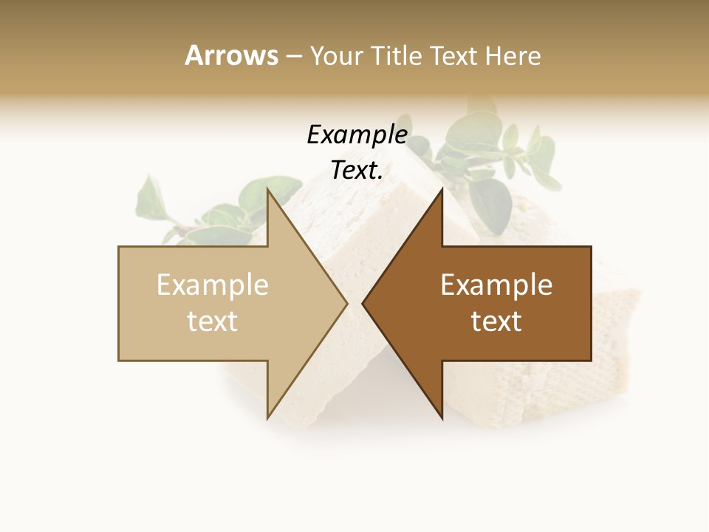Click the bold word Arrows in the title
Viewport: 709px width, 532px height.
point(231,55)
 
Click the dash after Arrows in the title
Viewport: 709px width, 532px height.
point(293,57)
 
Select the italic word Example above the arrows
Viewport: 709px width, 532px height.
point(357,135)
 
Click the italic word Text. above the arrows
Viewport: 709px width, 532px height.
point(357,171)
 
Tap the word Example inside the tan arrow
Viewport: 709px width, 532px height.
point(213,285)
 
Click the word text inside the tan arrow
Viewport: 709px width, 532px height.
point(213,321)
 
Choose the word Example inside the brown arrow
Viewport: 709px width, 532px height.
point(496,285)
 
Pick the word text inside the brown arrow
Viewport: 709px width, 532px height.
point(496,321)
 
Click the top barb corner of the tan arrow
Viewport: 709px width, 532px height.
point(267,190)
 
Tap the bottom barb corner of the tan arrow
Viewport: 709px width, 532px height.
point(267,417)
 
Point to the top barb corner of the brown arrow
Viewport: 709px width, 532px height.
point(442,190)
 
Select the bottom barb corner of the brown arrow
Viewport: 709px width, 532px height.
point(442,417)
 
